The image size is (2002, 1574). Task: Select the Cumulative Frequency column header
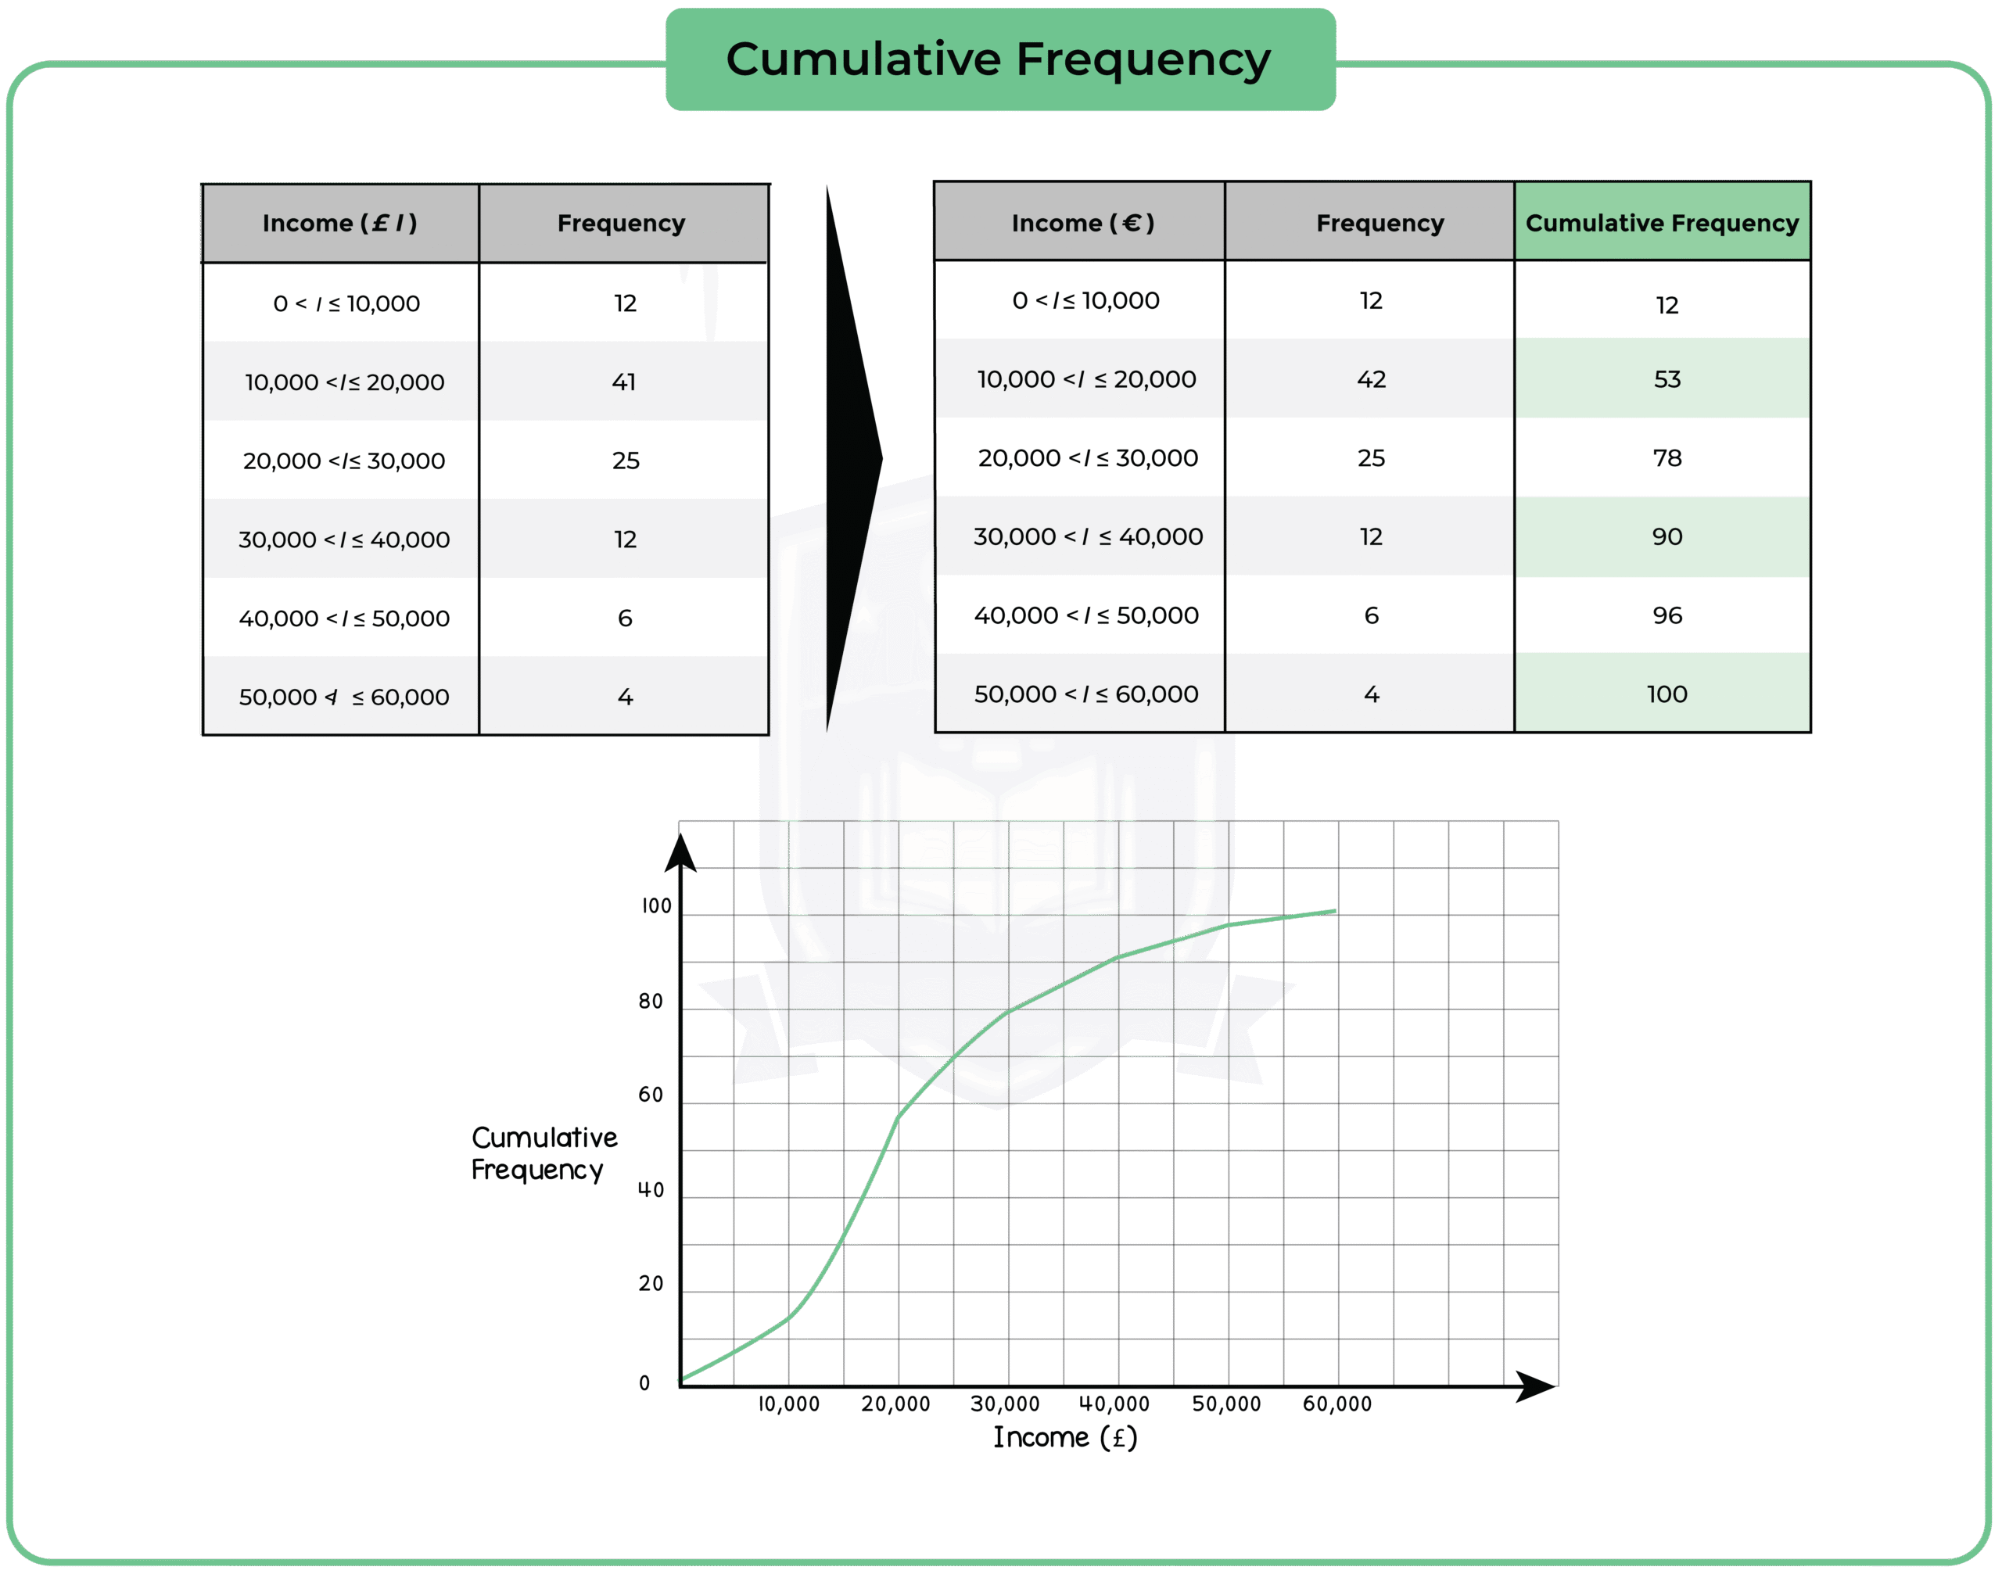(x=1662, y=223)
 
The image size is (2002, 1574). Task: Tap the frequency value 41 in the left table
(x=624, y=382)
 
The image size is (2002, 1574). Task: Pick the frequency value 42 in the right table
(x=1371, y=378)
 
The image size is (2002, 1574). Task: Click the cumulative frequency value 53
(x=1667, y=378)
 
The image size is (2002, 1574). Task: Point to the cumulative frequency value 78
(x=1667, y=458)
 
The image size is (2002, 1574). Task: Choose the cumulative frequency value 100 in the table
(x=1667, y=694)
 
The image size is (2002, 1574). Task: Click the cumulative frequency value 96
(x=1667, y=615)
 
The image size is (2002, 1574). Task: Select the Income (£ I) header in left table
(x=339, y=223)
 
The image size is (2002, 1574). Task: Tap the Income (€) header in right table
(x=1082, y=223)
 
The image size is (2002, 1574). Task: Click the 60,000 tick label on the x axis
(x=1336, y=1404)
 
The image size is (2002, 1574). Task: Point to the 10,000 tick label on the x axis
(x=788, y=1404)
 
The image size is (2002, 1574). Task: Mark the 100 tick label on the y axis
(x=656, y=906)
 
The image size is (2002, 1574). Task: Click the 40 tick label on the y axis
(x=651, y=1190)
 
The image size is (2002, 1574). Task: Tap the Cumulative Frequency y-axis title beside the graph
(x=544, y=1153)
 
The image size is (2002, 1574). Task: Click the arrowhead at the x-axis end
(x=1536, y=1386)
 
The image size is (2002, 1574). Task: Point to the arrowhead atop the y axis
(x=680, y=852)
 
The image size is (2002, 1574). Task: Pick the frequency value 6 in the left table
(x=624, y=618)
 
